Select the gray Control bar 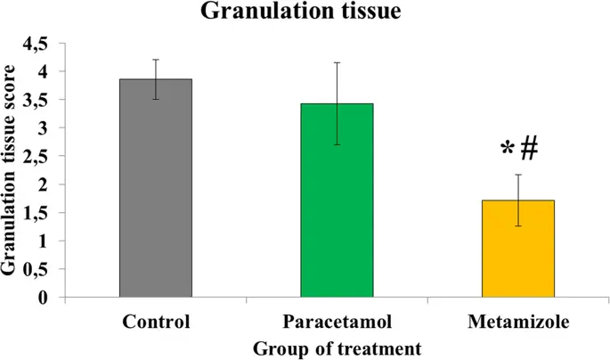click(156, 188)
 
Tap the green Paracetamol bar click(337, 200)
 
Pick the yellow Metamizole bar click(517, 249)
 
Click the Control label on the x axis click(157, 318)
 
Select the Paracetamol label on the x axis click(337, 318)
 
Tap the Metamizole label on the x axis click(517, 318)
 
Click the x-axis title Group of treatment click(337, 343)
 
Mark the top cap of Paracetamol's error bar click(337, 62)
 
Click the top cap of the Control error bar click(156, 60)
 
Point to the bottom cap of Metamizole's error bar click(517, 226)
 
